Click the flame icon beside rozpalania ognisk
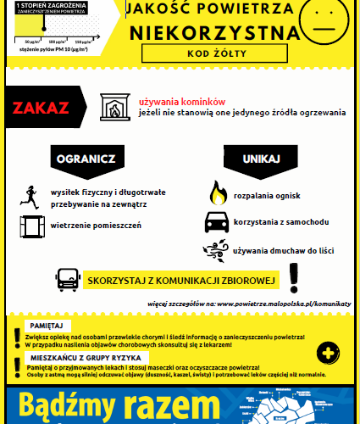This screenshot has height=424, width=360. coord(218,194)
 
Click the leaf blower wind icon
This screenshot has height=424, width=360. coord(216,250)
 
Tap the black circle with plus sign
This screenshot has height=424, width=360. coord(324,353)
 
